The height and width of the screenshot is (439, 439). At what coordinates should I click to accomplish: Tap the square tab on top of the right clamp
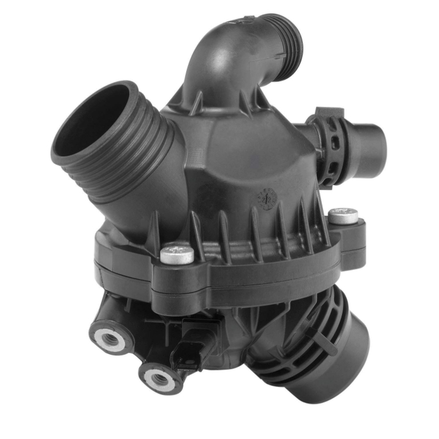pos(329,112)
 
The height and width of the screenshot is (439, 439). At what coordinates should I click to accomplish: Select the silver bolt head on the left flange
pos(177,254)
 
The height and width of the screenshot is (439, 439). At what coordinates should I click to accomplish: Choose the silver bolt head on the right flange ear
pos(343,216)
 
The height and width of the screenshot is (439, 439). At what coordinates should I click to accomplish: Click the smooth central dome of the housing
pos(242,150)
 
